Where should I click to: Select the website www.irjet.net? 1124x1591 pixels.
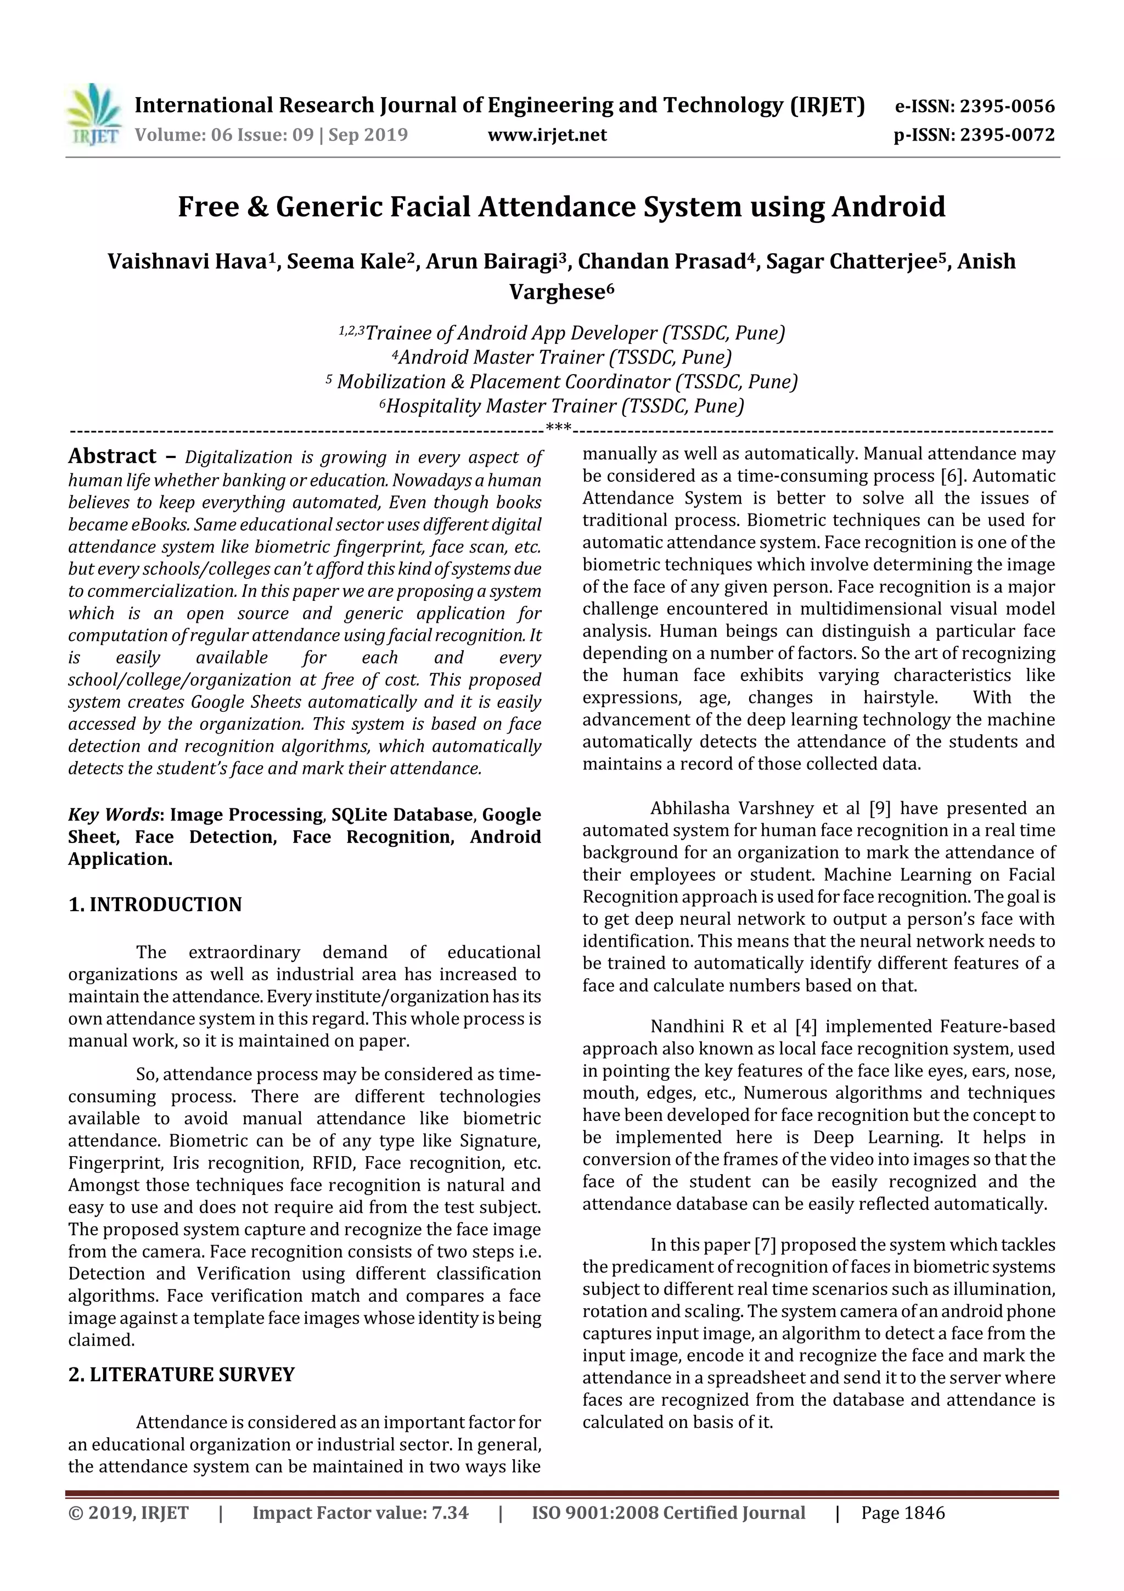coord(547,135)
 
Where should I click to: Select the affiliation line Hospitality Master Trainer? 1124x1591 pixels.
coord(564,405)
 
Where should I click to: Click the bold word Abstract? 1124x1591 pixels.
coord(112,456)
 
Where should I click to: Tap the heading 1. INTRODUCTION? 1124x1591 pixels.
coord(155,905)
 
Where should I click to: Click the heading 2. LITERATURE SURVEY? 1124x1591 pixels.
coord(182,1374)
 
